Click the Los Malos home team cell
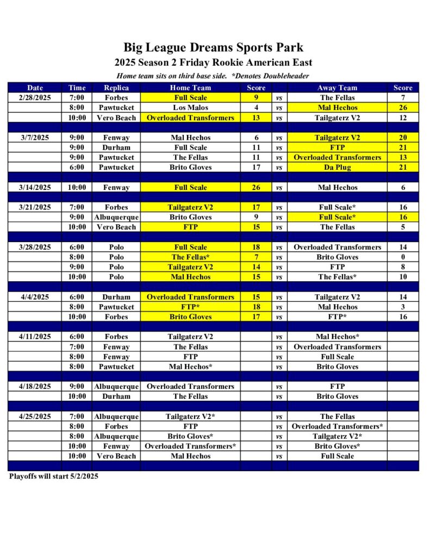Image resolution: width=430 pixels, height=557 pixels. (x=190, y=108)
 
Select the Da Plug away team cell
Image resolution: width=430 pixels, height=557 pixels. (x=337, y=168)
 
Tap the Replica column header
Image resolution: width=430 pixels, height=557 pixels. (x=116, y=88)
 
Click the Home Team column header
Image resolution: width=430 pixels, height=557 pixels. (x=190, y=88)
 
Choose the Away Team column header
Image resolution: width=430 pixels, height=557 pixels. (x=337, y=88)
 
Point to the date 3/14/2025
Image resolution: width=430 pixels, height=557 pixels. (x=35, y=188)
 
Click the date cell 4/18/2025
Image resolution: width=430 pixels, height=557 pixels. (x=35, y=387)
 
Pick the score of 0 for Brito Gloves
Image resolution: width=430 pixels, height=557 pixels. (x=403, y=257)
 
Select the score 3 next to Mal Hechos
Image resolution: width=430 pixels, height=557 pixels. (x=403, y=307)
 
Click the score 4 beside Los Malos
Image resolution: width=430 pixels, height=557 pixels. (x=256, y=108)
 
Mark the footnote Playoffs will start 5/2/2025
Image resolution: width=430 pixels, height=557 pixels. (x=54, y=476)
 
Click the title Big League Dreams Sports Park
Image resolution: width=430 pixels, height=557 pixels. (x=214, y=47)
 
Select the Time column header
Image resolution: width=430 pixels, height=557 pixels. (x=77, y=88)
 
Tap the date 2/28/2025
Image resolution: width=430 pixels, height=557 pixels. (x=35, y=98)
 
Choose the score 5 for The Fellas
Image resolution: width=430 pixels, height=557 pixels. (x=403, y=227)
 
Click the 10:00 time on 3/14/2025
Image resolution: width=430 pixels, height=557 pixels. (x=77, y=188)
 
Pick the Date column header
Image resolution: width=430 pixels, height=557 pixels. (x=35, y=88)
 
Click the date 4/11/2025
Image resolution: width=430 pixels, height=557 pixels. (x=35, y=337)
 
